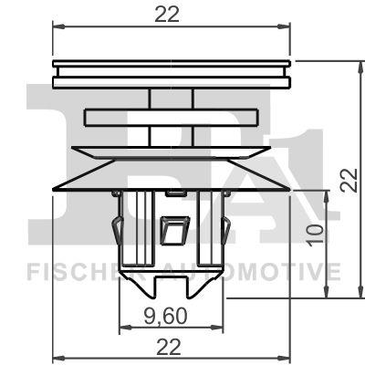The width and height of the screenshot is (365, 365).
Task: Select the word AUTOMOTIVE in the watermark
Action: tap(255, 271)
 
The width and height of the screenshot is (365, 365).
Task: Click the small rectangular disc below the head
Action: tap(172, 118)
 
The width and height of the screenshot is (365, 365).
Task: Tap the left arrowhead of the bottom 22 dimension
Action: tap(57, 358)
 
